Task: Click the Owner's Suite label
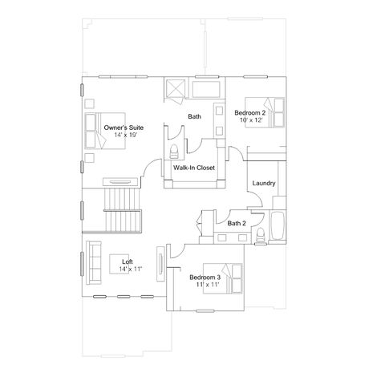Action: tap(124, 128)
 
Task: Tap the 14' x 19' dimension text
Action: tap(126, 135)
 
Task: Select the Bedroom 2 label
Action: tap(250, 113)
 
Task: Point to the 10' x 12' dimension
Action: tap(251, 120)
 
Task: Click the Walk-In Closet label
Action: tap(194, 168)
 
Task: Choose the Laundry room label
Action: tap(264, 184)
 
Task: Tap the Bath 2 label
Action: tap(237, 223)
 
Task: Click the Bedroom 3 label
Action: tap(205, 278)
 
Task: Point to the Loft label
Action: tap(128, 261)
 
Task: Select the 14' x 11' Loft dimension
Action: tap(130, 269)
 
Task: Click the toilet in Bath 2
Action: tap(260, 236)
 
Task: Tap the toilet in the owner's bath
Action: tap(174, 152)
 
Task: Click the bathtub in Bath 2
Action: tap(278, 226)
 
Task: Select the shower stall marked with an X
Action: tap(174, 87)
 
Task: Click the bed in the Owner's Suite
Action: tap(105, 131)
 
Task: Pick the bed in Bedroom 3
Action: tap(223, 278)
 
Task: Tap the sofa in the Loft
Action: tap(94, 263)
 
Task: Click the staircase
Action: tap(123, 210)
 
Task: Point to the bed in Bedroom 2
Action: tap(265, 112)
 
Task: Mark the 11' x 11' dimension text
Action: tap(208, 285)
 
